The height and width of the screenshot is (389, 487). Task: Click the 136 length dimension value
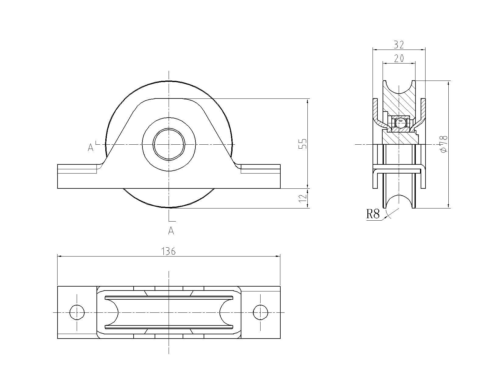point(169,251)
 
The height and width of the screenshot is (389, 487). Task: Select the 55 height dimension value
point(303,144)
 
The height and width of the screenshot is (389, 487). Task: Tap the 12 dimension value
point(303,198)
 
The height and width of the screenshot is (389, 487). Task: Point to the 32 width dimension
point(399,45)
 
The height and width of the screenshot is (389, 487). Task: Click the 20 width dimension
point(399,59)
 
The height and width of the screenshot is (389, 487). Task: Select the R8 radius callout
point(373,214)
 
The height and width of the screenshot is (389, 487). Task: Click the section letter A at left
point(90,147)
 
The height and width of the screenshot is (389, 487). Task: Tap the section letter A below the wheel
point(171,231)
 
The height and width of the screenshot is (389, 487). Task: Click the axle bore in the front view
point(169,144)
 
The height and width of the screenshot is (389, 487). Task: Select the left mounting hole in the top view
point(77,313)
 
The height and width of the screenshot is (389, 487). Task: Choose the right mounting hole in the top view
point(261,313)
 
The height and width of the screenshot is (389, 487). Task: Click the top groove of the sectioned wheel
point(399,87)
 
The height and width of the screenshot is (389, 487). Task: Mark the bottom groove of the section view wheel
point(399,201)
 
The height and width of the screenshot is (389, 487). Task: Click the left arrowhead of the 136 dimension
point(60,256)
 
